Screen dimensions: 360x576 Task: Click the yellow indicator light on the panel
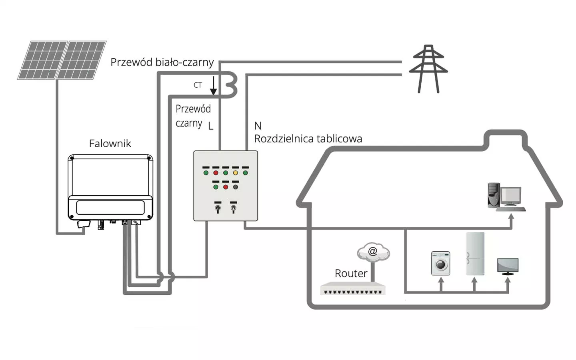coord(235,173)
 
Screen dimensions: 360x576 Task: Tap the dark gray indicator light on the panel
coord(235,187)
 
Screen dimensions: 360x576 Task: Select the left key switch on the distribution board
coord(218,208)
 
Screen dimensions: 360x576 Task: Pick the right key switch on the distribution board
coord(233,208)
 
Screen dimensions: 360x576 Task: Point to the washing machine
coord(440,263)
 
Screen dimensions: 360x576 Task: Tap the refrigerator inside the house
coord(475,254)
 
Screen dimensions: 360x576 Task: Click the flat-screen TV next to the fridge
coord(508,266)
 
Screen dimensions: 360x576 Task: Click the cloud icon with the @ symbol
coord(373,252)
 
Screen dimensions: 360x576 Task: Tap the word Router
coord(351,274)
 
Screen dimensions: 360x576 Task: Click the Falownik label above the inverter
coord(110,144)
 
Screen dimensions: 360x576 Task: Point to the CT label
coord(198,85)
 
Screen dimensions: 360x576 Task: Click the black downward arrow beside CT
coord(214,86)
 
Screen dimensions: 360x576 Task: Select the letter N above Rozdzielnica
coord(258,126)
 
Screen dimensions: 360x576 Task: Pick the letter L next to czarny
coord(210,126)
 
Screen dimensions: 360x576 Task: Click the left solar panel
coord(42,60)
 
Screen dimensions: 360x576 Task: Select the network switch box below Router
coord(352,288)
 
